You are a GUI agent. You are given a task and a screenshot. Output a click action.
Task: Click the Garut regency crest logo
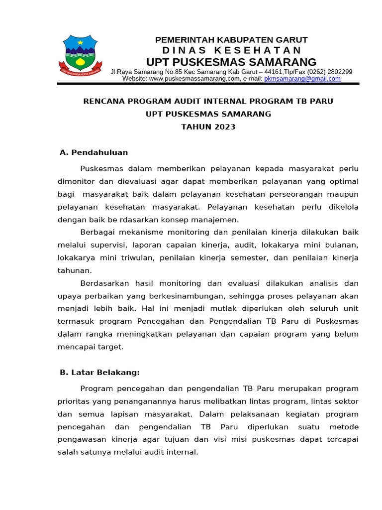(x=80, y=55)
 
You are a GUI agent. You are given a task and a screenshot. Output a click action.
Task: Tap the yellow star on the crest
(x=80, y=42)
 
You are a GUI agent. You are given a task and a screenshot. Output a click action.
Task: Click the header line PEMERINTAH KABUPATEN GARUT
(x=231, y=40)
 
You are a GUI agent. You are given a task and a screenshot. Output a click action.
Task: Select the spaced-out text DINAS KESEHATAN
(x=231, y=50)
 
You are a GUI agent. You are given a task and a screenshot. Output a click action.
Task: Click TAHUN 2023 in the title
(x=208, y=127)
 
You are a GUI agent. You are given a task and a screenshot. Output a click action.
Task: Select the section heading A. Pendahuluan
(x=94, y=152)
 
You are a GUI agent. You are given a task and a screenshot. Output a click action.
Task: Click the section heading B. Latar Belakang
(x=99, y=372)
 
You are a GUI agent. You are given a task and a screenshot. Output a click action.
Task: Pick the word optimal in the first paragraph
(x=344, y=181)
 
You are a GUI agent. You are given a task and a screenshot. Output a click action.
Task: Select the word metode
(x=344, y=427)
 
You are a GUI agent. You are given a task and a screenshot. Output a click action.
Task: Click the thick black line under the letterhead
(x=208, y=84)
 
